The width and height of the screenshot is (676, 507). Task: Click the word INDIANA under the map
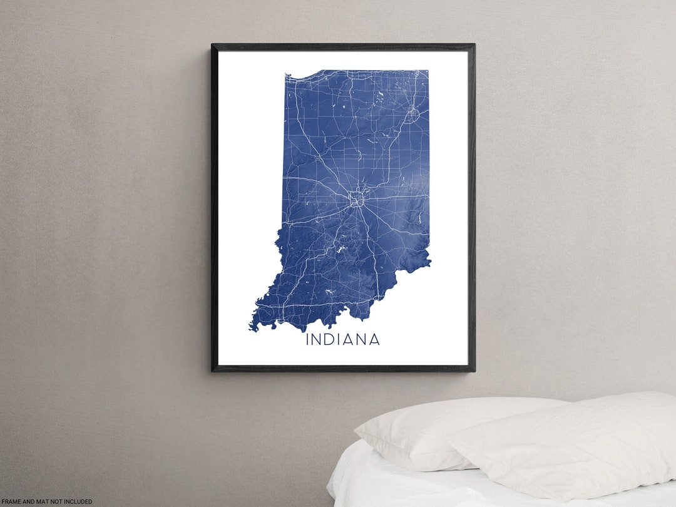coord(342,340)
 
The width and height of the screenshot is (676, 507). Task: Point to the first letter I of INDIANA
coord(307,340)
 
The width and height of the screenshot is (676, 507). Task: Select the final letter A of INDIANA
coord(374,340)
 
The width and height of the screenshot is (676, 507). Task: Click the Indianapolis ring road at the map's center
coord(357,200)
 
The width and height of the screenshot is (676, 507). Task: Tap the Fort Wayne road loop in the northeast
coord(412,115)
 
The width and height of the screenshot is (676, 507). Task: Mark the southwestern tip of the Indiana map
coord(252,327)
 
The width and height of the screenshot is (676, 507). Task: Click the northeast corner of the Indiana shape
coord(428,71)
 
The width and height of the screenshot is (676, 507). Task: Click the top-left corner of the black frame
coord(213,45)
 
